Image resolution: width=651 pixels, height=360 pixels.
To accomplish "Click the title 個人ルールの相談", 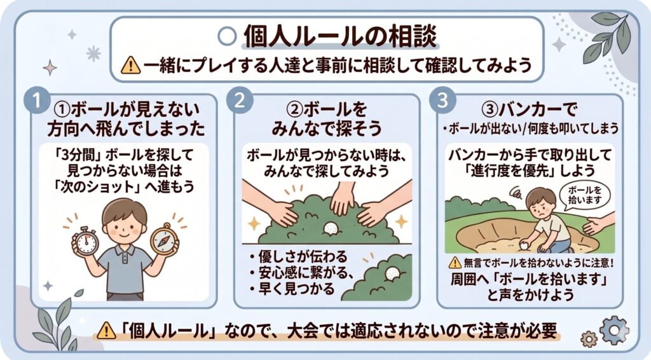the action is [x=340, y=36].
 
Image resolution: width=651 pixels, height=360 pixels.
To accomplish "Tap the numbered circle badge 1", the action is [x=37, y=101].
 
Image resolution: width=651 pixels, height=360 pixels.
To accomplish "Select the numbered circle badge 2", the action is [x=240, y=101].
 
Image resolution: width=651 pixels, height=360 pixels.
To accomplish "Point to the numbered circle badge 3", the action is [x=442, y=101].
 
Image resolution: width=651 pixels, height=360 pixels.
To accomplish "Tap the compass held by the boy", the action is [x=164, y=239].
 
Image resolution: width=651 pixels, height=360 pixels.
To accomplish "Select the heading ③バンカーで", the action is [x=529, y=109].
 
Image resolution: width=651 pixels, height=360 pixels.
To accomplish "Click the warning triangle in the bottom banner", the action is [x=106, y=331].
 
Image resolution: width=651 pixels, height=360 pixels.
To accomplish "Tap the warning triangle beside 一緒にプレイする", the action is [x=131, y=65].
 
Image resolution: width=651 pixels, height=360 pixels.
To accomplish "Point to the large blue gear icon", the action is [x=614, y=331].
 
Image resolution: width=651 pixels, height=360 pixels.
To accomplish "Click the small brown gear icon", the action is [x=588, y=339].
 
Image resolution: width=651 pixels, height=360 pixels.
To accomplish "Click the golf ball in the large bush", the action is [x=331, y=228].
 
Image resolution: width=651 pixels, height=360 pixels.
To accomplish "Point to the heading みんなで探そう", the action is [x=326, y=128].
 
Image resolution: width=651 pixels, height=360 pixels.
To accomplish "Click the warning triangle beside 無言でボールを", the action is [x=455, y=263].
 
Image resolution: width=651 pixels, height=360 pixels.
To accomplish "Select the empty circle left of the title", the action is [x=227, y=36].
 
